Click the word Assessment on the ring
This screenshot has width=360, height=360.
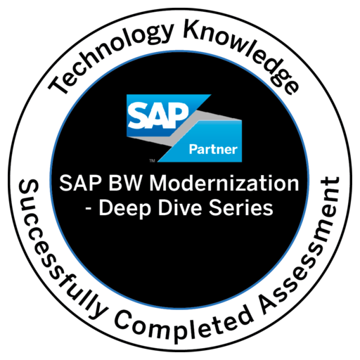tap(302, 246)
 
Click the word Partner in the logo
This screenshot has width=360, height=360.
tap(213, 150)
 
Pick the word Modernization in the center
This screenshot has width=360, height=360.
tap(224, 184)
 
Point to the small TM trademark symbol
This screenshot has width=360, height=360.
tap(152, 161)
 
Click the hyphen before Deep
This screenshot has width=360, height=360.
tap(89, 210)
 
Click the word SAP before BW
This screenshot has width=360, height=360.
tap(82, 184)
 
